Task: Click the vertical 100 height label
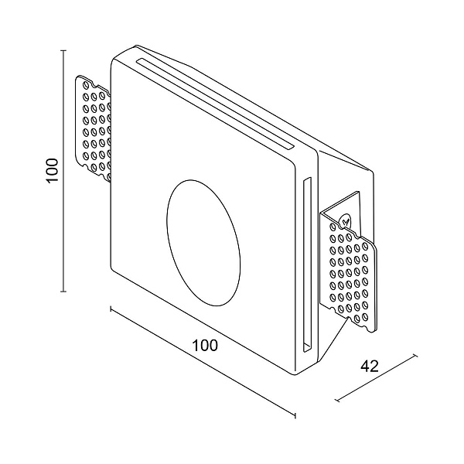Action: click(52, 171)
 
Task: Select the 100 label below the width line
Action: click(205, 346)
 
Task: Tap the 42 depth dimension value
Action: click(370, 367)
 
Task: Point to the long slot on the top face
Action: click(213, 101)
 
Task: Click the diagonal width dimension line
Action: click(203, 363)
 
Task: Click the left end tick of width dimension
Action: click(111, 309)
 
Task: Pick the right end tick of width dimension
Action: click(295, 417)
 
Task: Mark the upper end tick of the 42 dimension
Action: click(417, 356)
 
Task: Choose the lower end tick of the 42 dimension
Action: click(337, 401)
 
